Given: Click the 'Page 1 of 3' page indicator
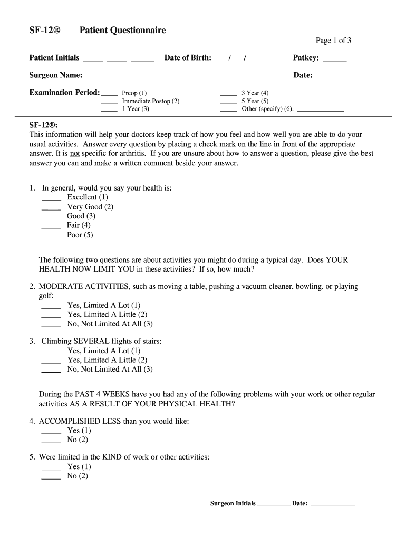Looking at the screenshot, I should [330, 41].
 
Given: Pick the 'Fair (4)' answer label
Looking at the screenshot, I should [79, 225].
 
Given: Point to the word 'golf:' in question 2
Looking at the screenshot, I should [47, 296].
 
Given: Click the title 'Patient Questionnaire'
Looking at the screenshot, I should [122, 30].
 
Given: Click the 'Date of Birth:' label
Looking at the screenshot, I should [188, 57].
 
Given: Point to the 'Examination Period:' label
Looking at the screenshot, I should [64, 92].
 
